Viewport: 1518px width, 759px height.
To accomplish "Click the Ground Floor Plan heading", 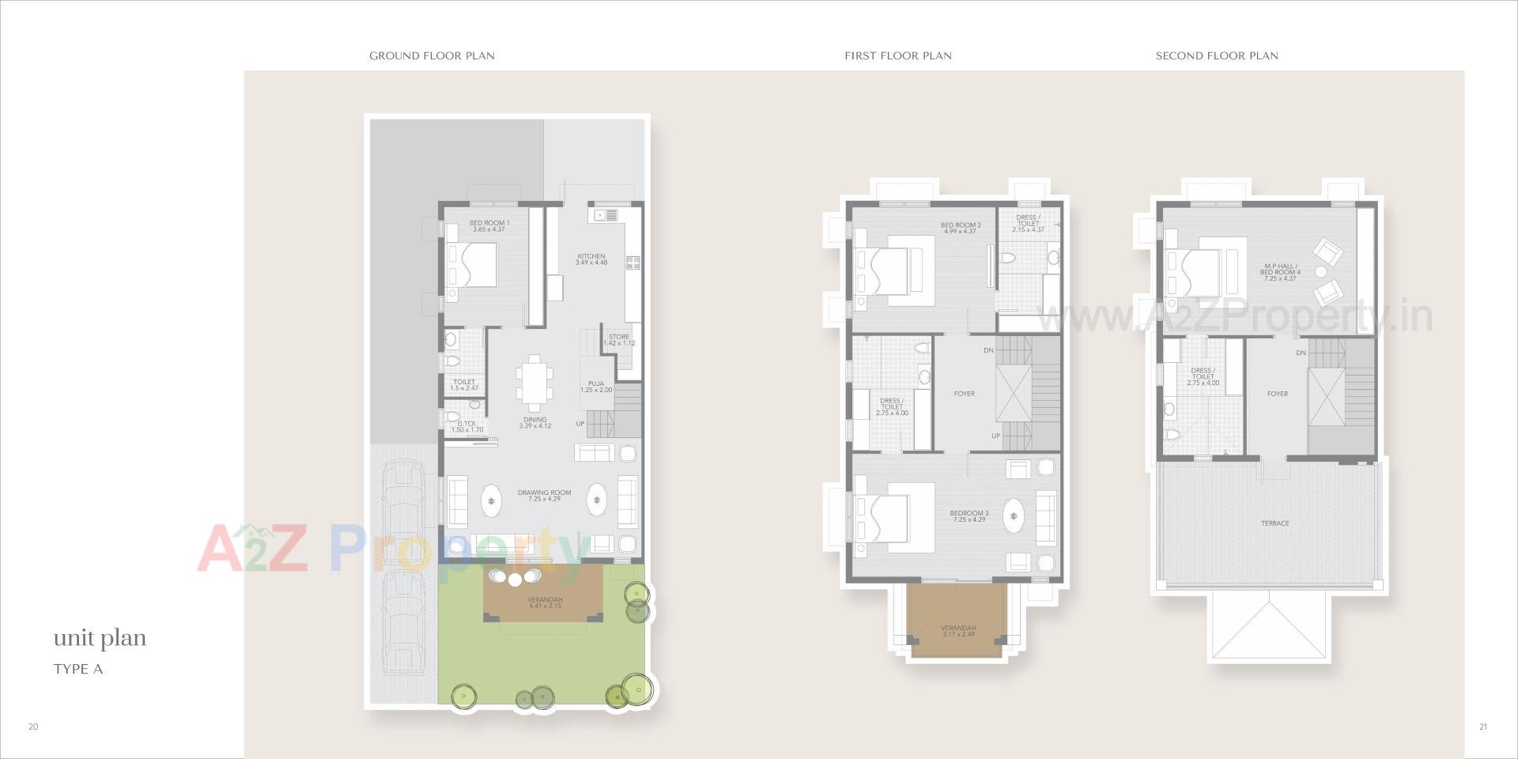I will coord(432,56).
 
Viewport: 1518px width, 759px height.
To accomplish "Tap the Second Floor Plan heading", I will coord(1217,56).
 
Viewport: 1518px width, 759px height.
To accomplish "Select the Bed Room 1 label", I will coord(489,226).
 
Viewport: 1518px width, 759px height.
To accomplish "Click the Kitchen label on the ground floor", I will coord(591,259).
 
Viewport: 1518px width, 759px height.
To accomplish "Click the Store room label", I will coord(619,340).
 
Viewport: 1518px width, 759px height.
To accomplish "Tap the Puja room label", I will coord(596,387).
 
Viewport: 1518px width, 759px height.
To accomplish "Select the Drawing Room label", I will coord(544,496).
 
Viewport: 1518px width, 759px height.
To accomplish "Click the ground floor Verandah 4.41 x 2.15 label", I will coord(545,602).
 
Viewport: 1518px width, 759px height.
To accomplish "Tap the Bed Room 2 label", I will coord(961,228).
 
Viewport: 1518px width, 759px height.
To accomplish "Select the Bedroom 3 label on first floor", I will coord(969,516).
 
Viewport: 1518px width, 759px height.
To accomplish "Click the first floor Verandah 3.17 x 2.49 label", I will coord(957,632).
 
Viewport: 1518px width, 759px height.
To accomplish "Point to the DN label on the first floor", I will coord(988,350).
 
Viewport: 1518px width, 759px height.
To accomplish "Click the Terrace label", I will coord(1274,523).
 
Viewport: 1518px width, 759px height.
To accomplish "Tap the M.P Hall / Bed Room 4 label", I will coord(1280,272).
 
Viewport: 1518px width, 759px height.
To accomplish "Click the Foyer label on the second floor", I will coord(1277,394).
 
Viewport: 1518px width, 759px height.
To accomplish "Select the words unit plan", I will coord(100,639).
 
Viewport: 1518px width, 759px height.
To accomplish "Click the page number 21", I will coord(1482,727).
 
